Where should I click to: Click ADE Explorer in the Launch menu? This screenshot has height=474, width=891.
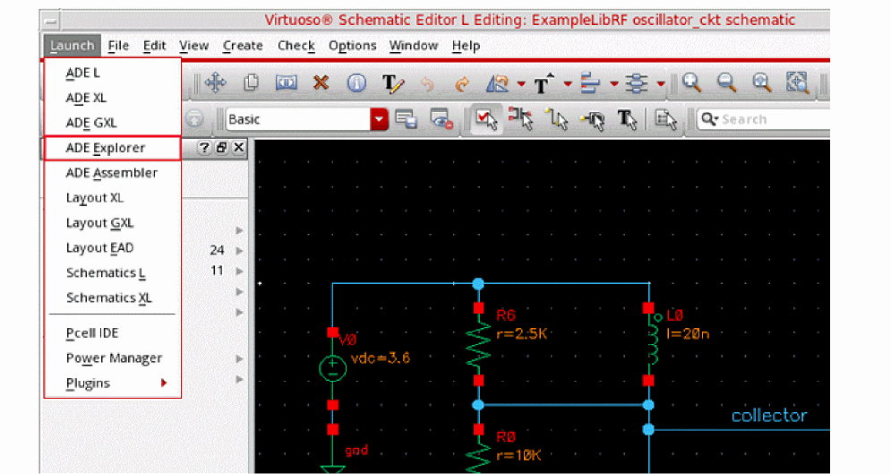tap(106, 148)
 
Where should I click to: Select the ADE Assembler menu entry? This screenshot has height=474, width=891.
tap(111, 173)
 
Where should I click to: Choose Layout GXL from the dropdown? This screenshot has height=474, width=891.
tap(99, 223)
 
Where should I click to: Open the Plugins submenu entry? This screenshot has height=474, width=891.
tap(88, 384)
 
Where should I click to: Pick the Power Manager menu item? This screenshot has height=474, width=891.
tap(114, 358)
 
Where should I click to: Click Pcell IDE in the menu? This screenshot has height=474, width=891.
tap(92, 333)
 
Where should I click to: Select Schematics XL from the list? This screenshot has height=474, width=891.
tap(108, 297)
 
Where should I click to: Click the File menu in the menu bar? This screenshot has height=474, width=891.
tap(118, 46)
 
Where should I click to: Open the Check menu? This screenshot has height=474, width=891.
tap(296, 46)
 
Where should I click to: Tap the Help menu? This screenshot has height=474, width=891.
tap(466, 46)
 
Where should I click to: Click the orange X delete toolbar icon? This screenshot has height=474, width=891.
tap(321, 83)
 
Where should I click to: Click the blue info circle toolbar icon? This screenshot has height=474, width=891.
tap(356, 83)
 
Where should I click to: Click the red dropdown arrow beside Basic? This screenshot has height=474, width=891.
tap(379, 119)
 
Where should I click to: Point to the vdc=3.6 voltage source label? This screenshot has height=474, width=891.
tap(381, 358)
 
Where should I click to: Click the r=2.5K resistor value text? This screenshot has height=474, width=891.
tap(522, 333)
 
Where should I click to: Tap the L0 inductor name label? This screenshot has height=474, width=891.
tap(674, 315)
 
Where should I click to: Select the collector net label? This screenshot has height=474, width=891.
tap(769, 416)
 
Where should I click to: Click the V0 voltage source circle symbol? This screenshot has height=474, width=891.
tap(332, 367)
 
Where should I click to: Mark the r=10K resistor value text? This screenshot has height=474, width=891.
tap(518, 454)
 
